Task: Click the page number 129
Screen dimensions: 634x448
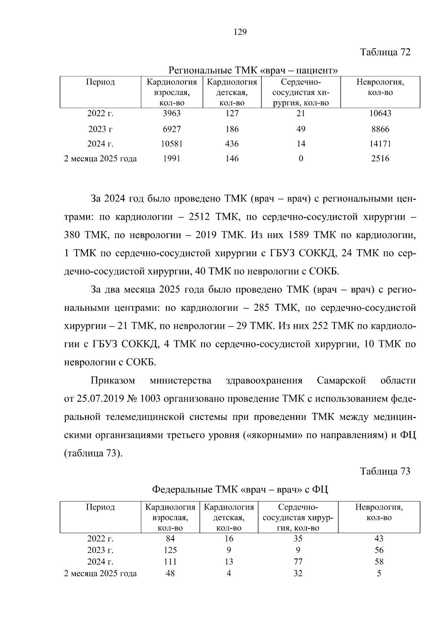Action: (240, 32)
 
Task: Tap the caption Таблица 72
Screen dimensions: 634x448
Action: (385, 52)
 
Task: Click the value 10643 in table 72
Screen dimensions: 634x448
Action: (380, 113)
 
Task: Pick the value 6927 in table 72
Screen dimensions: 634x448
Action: (172, 129)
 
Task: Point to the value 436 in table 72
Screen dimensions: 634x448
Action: (232, 144)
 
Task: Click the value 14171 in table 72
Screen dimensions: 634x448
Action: (380, 144)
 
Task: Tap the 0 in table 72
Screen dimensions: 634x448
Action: (301, 159)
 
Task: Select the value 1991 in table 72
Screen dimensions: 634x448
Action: (172, 159)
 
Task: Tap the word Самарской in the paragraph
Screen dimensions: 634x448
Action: (341, 381)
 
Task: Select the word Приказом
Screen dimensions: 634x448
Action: (113, 381)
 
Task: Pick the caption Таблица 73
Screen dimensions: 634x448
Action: (385, 471)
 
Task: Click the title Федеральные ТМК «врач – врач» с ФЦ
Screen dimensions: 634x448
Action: (240, 489)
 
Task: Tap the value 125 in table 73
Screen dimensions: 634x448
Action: (170, 550)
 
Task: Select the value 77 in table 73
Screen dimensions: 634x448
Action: (298, 562)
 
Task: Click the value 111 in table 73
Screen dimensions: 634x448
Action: (170, 562)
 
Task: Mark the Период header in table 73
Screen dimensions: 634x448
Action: (100, 507)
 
